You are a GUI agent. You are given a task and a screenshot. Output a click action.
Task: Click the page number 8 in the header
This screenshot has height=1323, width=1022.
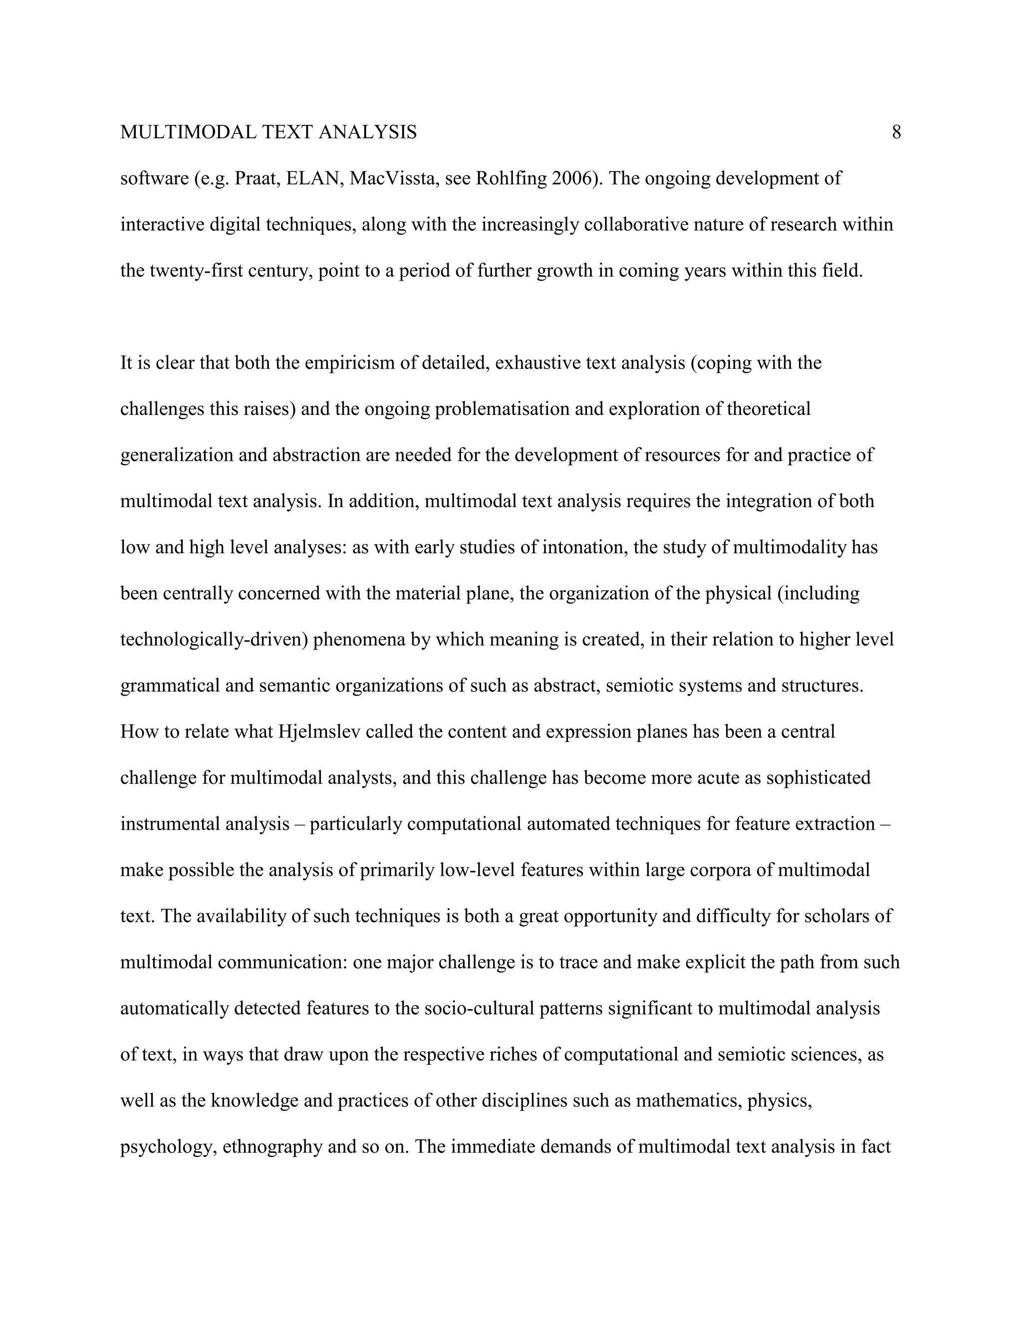click(896, 132)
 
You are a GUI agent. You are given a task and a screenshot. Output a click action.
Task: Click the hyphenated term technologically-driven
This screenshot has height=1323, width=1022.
click(214, 640)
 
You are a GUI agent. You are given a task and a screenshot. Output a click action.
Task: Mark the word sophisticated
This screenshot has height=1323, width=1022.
click(818, 778)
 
